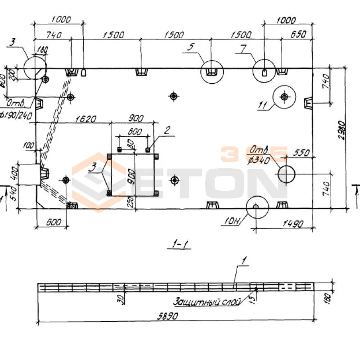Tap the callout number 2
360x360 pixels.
tap(166, 130)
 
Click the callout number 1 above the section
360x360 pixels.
tap(243, 260)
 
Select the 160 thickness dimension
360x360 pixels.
tap(340, 296)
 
